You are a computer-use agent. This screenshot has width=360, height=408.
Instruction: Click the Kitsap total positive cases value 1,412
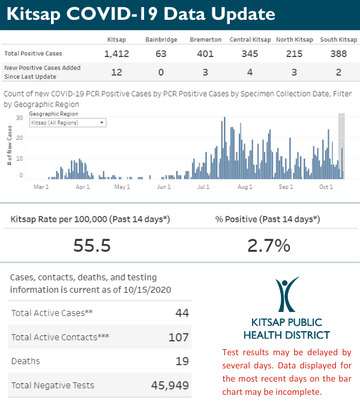(116, 54)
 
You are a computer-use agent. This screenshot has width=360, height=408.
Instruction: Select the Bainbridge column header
(160, 40)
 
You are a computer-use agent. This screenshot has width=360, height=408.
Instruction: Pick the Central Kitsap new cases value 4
(250, 73)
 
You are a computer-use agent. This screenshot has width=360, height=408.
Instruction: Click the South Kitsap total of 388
(339, 54)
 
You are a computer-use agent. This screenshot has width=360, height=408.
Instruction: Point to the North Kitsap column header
(295, 40)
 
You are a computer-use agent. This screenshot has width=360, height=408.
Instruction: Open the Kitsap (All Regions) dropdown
(68, 122)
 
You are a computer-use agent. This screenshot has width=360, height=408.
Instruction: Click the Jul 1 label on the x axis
(203, 187)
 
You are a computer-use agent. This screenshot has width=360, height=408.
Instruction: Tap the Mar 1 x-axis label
(41, 187)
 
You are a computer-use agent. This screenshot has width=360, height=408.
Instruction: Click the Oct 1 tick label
(326, 187)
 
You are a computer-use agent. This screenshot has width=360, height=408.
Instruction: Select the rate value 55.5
(92, 245)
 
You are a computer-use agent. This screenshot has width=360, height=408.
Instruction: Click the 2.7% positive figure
(269, 245)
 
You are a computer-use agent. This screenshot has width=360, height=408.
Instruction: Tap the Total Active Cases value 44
(182, 313)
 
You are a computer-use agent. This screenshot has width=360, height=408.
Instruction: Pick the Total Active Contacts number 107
(178, 337)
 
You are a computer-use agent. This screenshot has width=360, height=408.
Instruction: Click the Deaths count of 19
(182, 361)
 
